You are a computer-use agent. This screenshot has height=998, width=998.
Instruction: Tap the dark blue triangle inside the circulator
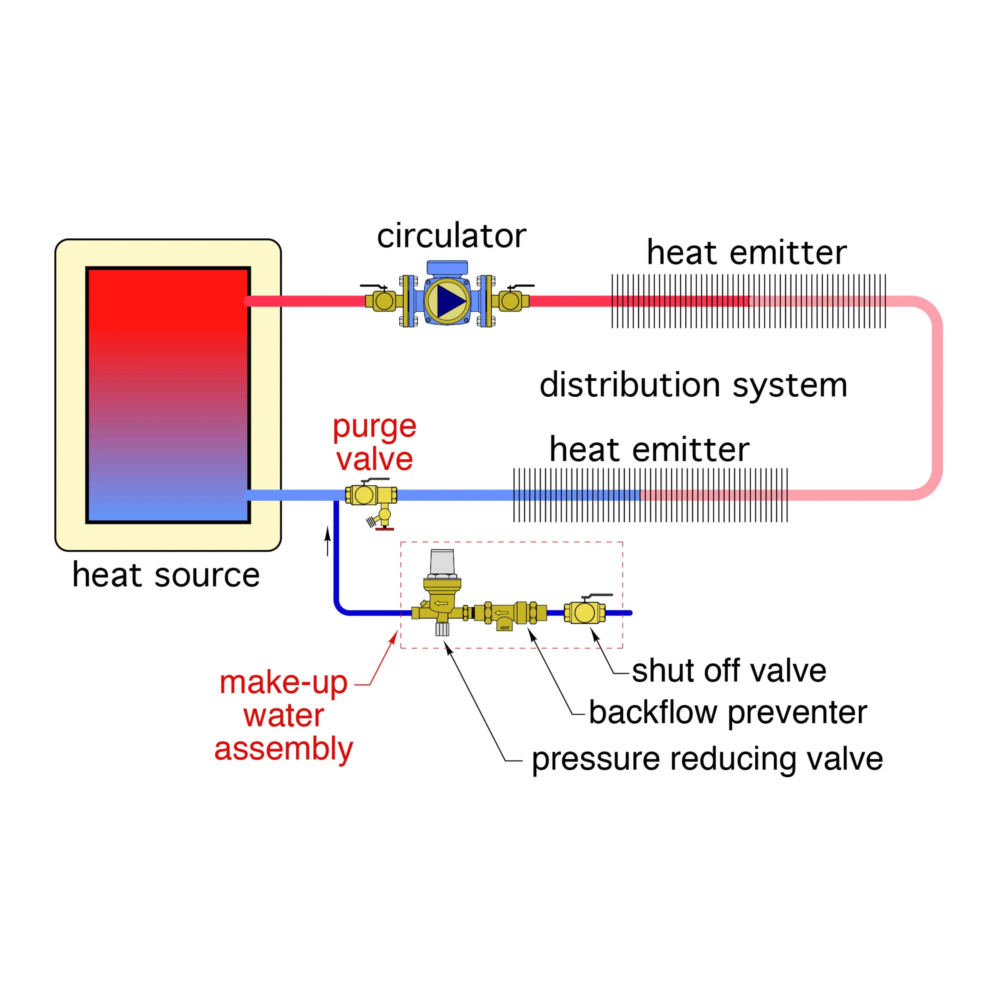450,301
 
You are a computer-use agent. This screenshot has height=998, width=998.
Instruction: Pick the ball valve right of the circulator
511,301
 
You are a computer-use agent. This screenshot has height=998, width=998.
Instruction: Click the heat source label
166,575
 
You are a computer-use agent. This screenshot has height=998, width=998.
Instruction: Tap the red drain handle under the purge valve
384,529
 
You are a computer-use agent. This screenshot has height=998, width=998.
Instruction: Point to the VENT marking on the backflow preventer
505,627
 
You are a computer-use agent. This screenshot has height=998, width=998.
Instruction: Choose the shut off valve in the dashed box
585,612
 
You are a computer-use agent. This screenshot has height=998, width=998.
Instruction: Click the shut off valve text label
729,671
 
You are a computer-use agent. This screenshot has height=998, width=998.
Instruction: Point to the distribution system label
693,385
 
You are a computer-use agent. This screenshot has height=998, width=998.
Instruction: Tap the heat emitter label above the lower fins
649,450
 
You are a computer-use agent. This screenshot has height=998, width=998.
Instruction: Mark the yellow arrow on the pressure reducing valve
441,603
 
